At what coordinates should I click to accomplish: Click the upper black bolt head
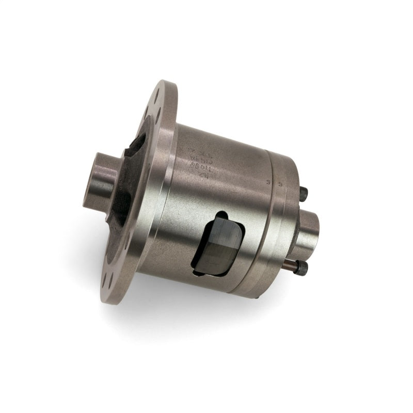point(305,195)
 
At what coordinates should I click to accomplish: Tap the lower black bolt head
point(303,267)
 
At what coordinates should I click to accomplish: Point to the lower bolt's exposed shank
point(292,264)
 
